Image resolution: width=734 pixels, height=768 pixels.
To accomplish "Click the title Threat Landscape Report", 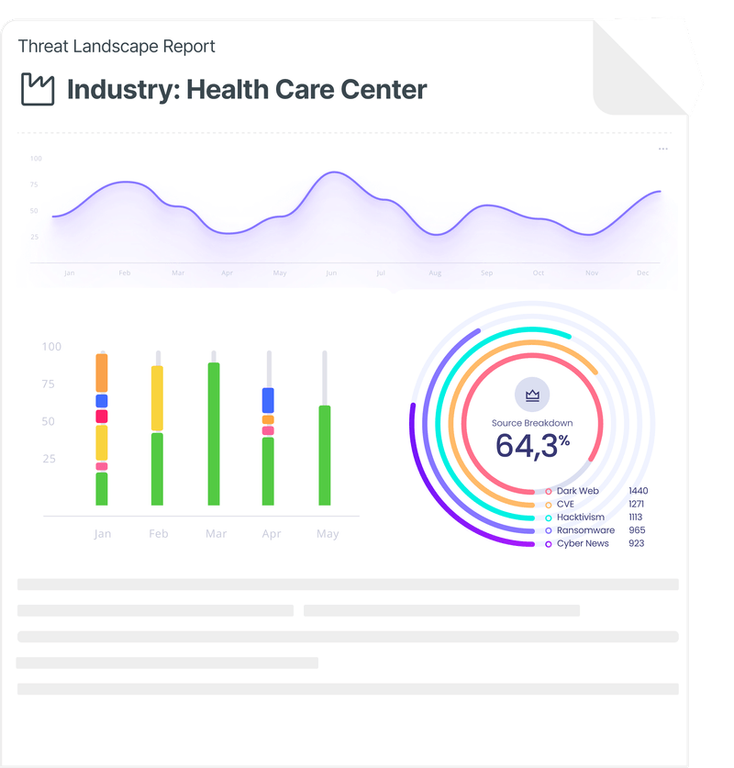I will tap(117, 46).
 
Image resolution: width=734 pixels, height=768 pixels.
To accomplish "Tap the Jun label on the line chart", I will tap(331, 273).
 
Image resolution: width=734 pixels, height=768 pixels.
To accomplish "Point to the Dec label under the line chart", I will tap(643, 273).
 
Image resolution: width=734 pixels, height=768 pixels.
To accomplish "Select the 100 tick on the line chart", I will tap(36, 159).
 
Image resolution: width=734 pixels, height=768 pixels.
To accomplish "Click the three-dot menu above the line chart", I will tap(663, 149).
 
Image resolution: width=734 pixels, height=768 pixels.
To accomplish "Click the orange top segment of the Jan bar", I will tap(102, 373).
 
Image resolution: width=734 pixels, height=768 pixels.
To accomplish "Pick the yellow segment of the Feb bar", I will tap(158, 398).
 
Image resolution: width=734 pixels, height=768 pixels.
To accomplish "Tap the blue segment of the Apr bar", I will tap(268, 400).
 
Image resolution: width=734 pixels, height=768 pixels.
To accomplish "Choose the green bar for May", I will tap(324, 455).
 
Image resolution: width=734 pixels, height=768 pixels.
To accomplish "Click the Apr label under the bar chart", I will tap(271, 534).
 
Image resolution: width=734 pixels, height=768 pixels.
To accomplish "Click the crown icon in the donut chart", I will tap(532, 395).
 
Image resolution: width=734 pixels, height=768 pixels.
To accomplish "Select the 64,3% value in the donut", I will tap(532, 445).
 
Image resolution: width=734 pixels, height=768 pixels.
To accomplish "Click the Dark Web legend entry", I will tap(577, 492).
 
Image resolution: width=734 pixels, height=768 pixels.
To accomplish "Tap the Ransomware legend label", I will tap(585, 530).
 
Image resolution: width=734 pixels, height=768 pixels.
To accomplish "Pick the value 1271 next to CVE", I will tap(638, 505).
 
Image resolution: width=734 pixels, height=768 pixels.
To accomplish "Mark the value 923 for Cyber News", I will tap(637, 543).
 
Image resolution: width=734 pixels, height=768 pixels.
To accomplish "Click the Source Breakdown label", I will tap(532, 423).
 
